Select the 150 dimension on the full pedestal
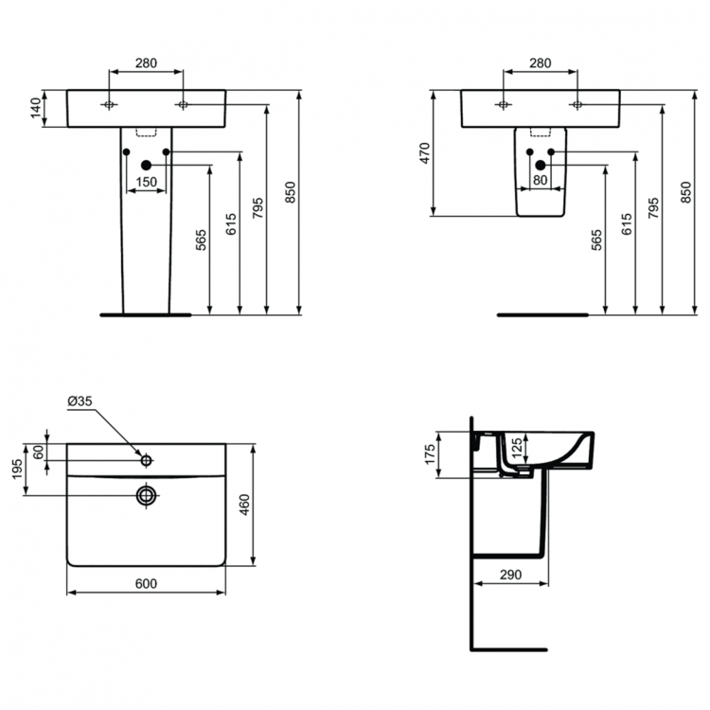tap(147, 182)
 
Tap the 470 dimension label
tap(426, 153)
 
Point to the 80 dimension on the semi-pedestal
tap(541, 180)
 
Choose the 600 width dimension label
tap(146, 583)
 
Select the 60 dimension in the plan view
tap(39, 453)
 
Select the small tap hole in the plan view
tap(146, 461)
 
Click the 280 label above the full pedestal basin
tap(146, 63)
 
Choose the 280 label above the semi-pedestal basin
tap(540, 63)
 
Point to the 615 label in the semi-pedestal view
tap(626, 223)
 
